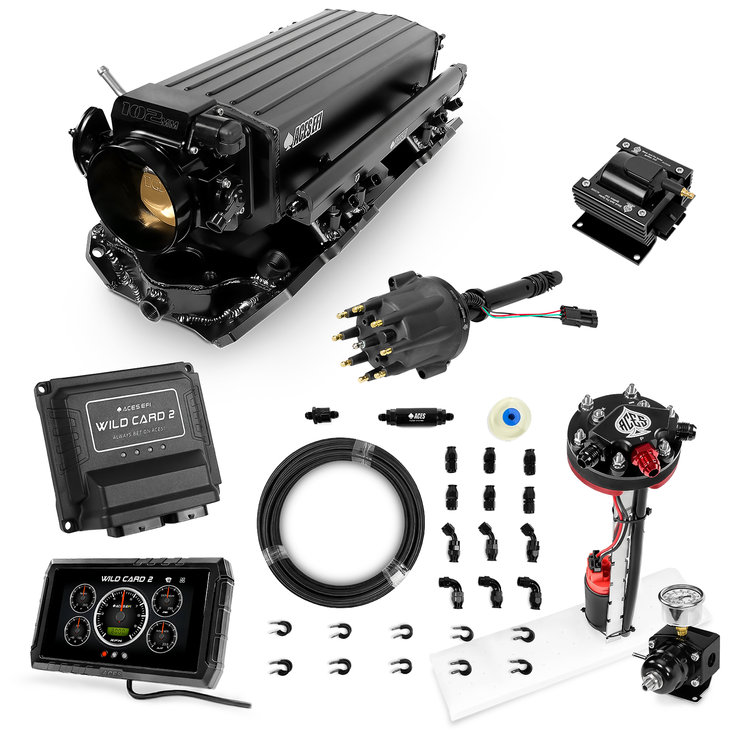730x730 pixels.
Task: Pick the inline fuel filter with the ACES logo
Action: [415, 416]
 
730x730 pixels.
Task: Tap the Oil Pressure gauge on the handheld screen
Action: [166, 602]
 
